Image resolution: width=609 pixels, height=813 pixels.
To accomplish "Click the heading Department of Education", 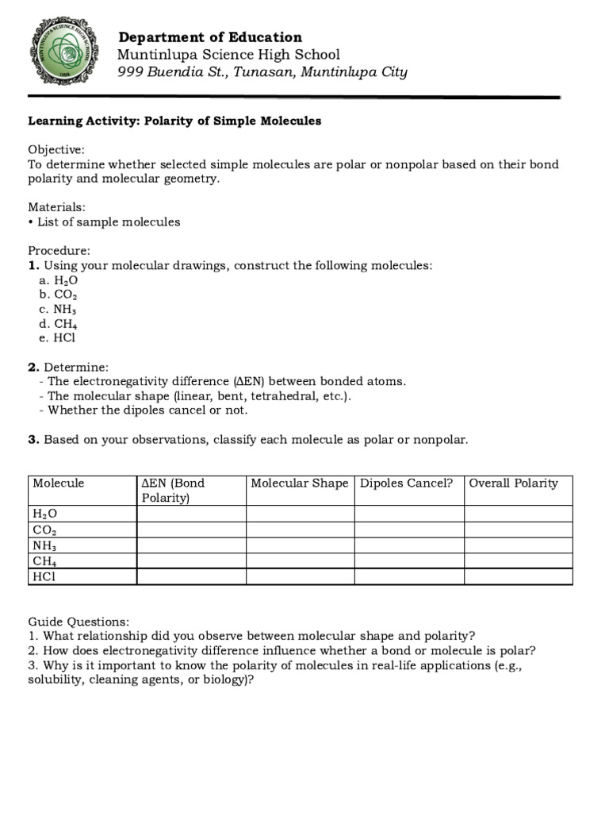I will (x=209, y=37).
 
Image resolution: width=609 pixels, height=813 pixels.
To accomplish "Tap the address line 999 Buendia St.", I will (x=262, y=72).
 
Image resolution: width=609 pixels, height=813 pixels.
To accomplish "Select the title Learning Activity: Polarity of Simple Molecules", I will (x=174, y=121).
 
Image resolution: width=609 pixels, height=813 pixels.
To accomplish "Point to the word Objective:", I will (x=56, y=149).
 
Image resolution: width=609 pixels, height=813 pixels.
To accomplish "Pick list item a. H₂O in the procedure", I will (x=58, y=280).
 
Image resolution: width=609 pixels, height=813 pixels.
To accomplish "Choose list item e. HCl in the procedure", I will (x=57, y=337).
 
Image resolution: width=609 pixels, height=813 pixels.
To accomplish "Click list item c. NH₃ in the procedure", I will (x=58, y=309).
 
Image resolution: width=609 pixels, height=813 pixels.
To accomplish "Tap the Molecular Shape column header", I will (x=299, y=483).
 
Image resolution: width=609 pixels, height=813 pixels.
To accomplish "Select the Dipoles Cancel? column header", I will (x=407, y=483).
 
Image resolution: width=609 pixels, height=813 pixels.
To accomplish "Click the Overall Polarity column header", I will (x=513, y=483).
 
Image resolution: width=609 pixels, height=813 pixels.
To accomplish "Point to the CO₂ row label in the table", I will (x=44, y=530).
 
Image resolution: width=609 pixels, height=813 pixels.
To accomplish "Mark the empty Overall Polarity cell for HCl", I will (x=518, y=576).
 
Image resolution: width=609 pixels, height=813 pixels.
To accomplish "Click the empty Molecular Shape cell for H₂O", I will (x=300, y=514).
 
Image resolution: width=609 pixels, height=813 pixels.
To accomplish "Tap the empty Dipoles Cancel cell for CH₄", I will (x=408, y=561).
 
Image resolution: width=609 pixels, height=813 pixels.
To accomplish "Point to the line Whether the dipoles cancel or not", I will (x=147, y=410).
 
